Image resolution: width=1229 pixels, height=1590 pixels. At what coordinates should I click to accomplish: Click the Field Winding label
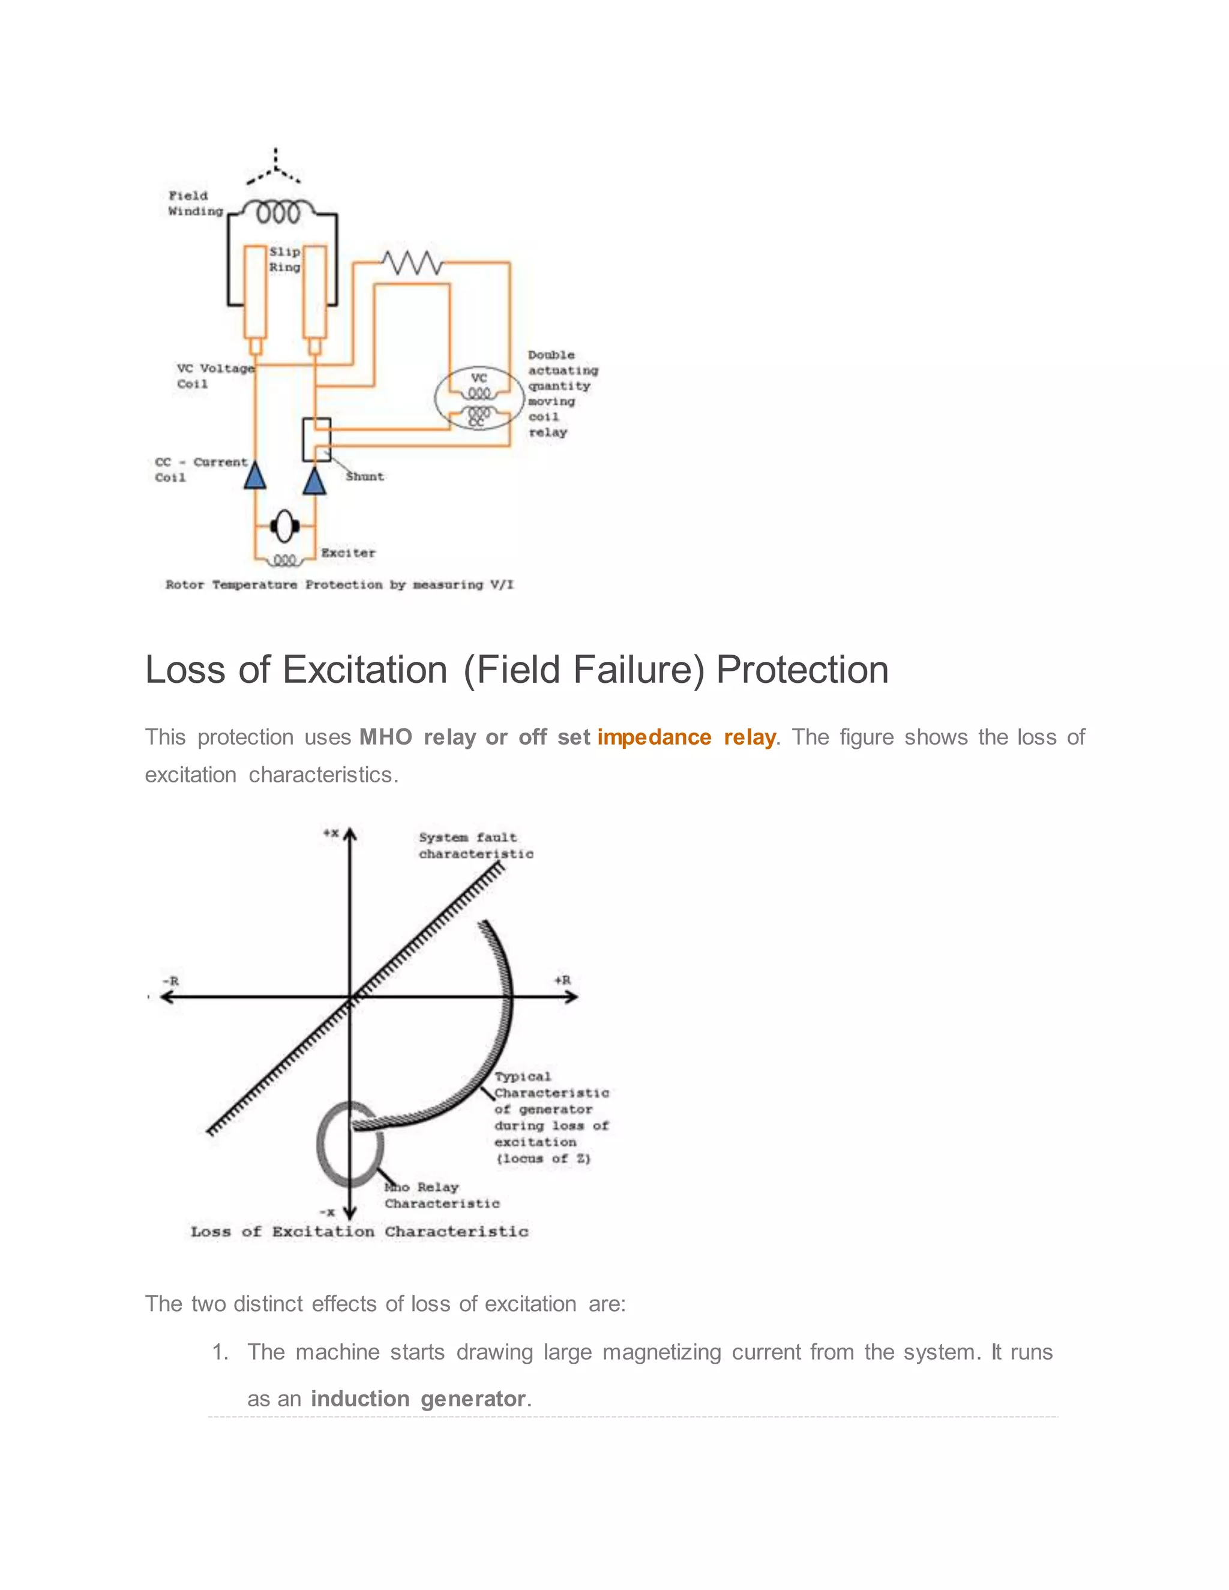(194, 204)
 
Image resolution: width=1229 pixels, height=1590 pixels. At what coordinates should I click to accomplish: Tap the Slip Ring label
(284, 259)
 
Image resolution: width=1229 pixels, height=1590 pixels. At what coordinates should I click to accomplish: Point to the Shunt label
(365, 477)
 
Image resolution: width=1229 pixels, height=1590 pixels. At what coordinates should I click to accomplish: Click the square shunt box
(317, 439)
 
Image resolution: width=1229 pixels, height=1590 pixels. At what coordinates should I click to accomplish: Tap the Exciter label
(348, 553)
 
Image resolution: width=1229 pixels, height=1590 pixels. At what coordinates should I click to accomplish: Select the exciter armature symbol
(284, 526)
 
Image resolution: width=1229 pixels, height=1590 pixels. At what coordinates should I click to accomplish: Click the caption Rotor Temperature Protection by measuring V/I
(339, 584)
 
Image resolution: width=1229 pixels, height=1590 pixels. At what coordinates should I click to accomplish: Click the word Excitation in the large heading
(365, 670)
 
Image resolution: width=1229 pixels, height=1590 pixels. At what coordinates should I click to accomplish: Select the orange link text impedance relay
(686, 737)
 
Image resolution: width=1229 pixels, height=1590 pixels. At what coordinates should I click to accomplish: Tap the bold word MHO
(385, 737)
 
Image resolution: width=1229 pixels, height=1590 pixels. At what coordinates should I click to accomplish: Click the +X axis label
(331, 833)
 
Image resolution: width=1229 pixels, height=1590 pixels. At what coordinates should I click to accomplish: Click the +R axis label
(562, 980)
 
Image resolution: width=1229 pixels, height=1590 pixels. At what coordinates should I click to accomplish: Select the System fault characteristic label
(475, 845)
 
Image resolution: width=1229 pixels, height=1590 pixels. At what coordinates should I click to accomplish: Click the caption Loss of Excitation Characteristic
(359, 1232)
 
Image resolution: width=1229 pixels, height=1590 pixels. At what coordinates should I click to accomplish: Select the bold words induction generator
(417, 1399)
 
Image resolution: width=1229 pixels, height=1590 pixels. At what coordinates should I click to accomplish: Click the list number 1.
(219, 1352)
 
